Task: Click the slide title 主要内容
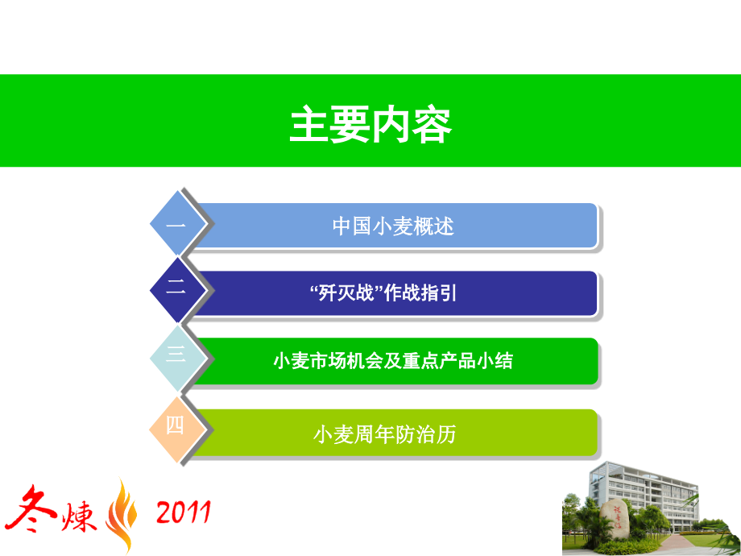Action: point(370,124)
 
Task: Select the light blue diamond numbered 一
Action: point(178,223)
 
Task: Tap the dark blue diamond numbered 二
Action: point(178,290)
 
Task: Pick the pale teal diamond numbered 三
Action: point(178,359)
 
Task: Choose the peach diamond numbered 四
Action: point(178,429)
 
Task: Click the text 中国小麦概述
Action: point(393,226)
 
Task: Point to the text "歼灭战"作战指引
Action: point(383,293)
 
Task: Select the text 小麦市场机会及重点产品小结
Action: point(393,361)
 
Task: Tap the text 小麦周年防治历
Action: point(385,434)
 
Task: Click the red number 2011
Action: point(184,512)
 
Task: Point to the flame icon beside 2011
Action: point(122,516)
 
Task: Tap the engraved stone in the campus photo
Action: point(615,519)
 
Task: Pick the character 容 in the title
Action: point(432,125)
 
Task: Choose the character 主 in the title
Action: point(309,124)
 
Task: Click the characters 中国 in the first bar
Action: point(352,226)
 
